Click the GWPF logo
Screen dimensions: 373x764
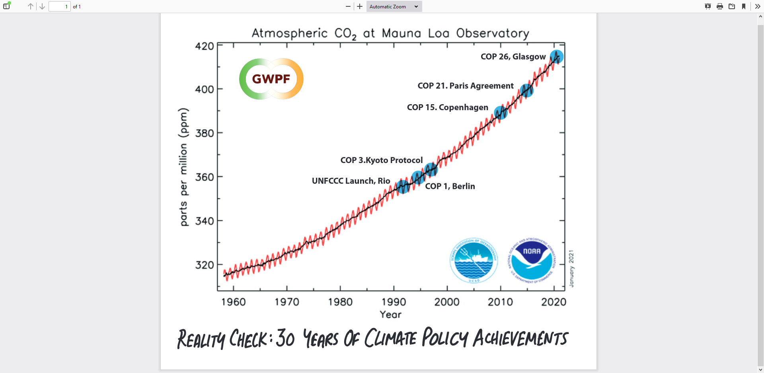click(271, 79)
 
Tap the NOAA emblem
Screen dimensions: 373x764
click(532, 260)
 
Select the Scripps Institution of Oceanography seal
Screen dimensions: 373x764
click(474, 260)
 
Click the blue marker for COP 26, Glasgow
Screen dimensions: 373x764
click(557, 57)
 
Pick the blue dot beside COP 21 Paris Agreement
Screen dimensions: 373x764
click(526, 91)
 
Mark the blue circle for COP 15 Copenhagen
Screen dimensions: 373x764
click(501, 113)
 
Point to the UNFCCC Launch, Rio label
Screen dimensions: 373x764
click(351, 181)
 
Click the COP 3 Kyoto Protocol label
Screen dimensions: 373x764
click(381, 160)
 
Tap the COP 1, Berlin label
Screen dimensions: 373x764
click(450, 186)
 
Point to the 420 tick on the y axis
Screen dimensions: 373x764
click(205, 46)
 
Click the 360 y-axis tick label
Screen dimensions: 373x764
click(205, 177)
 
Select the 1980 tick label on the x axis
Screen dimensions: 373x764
click(340, 302)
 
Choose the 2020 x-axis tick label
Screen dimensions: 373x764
click(554, 302)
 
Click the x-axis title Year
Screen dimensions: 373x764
click(390, 315)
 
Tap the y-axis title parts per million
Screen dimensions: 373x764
click(183, 167)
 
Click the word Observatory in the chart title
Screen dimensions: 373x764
click(493, 33)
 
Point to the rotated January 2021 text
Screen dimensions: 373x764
click(571, 268)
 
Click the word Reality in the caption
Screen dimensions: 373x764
click(201, 339)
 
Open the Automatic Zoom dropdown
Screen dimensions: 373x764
click(394, 6)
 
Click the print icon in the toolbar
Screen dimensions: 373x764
click(719, 6)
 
